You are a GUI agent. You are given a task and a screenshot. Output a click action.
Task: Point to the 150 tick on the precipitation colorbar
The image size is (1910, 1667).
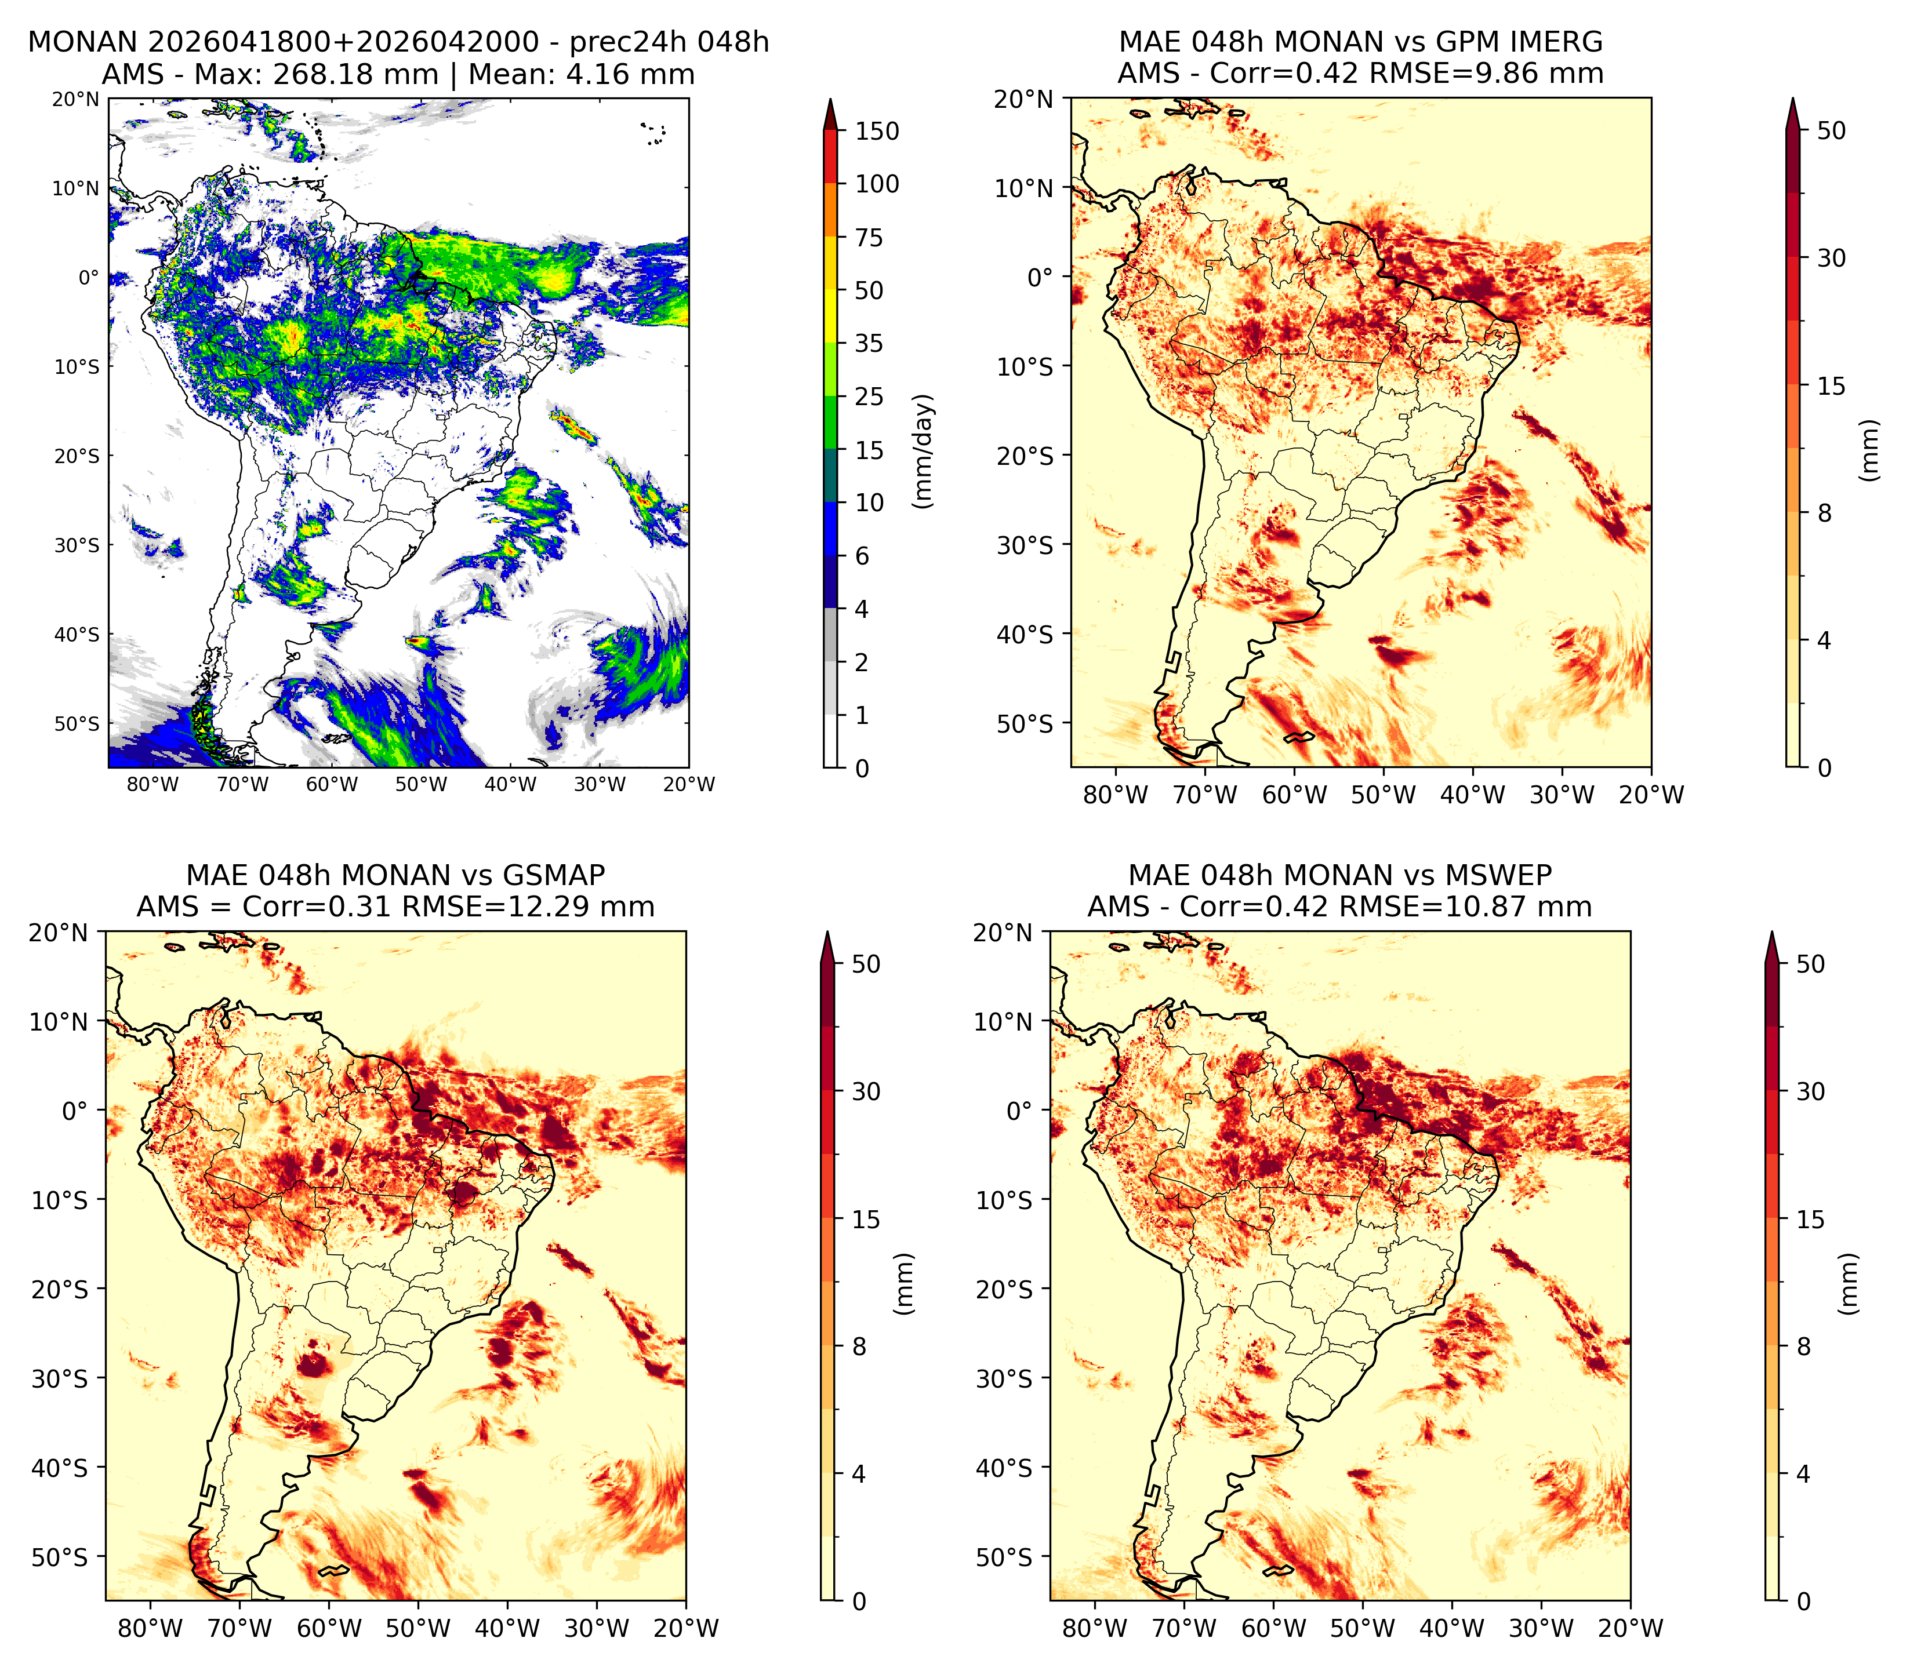pyautogui.click(x=877, y=131)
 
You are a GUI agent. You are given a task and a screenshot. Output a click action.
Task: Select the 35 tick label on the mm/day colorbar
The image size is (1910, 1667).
pyautogui.click(x=869, y=343)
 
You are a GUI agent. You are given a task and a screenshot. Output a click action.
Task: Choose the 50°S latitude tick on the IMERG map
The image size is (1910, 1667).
pyautogui.click(x=1025, y=724)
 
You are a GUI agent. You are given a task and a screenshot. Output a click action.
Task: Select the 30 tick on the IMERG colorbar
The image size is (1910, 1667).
pyautogui.click(x=1831, y=258)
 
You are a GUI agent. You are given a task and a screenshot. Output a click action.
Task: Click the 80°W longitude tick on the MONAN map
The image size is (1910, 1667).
pyautogui.click(x=152, y=784)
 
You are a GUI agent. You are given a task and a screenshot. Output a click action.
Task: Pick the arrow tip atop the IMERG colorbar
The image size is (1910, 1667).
pyautogui.click(x=1793, y=98)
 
